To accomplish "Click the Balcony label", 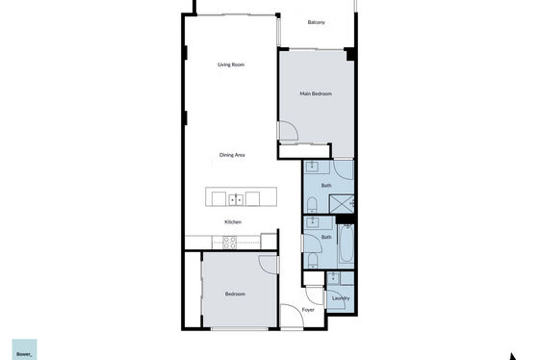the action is tap(316, 22).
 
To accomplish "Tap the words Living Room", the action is tap(231, 64).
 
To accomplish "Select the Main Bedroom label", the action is tap(316, 93).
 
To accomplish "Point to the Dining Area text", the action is tap(232, 155).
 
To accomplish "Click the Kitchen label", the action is tap(233, 222).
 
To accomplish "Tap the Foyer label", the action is tap(308, 310).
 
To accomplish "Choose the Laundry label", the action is tap(341, 298).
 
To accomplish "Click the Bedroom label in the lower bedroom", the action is tap(235, 294).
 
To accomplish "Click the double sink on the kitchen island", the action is tap(236, 200).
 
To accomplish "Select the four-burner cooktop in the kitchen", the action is tap(229, 243).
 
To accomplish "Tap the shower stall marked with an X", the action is tap(342, 204).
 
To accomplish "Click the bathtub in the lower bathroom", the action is tap(346, 244).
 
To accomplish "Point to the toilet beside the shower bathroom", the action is tap(312, 205).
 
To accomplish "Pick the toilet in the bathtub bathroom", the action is tap(313, 260).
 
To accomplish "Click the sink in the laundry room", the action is tap(333, 278).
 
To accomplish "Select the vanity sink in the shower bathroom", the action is tap(313, 167).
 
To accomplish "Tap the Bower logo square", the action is tap(24, 349).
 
